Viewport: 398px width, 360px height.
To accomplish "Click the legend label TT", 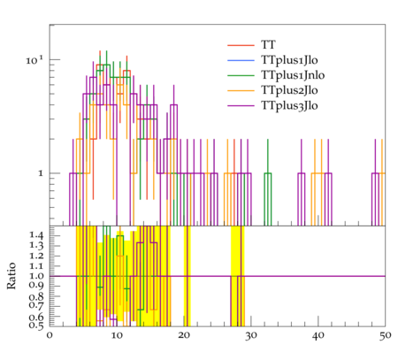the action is click(x=268, y=45).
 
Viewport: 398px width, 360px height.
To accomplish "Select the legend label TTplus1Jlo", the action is click(x=289, y=60).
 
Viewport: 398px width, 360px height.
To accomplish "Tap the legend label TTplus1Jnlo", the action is click(x=293, y=75).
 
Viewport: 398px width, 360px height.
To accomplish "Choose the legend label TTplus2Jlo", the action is click(x=289, y=90).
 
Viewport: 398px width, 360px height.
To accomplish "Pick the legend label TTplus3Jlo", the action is click(x=289, y=105).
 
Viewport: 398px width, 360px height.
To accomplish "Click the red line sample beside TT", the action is click(x=241, y=45).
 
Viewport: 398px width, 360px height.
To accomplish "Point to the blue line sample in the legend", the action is click(x=241, y=60).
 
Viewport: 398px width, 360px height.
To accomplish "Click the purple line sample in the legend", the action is click(x=241, y=105).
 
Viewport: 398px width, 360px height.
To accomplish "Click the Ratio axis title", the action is click(x=11, y=276).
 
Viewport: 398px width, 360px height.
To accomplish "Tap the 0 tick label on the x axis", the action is click(x=50, y=335).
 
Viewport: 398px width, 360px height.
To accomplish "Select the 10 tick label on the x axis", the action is click(x=117, y=335).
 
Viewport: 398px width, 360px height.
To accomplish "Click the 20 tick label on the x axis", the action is click(x=184, y=335).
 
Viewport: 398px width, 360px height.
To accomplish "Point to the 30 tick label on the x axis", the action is click(x=251, y=335).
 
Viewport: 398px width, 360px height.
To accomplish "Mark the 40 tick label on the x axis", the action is click(x=318, y=335).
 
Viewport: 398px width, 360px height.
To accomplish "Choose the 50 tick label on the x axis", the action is click(x=385, y=335).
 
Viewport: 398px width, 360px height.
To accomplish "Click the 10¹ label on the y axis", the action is click(x=34, y=60).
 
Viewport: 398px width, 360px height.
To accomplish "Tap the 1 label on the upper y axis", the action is click(x=41, y=173).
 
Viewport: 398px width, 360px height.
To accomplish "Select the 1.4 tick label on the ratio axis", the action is click(x=36, y=235).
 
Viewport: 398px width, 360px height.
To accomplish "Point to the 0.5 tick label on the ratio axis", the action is click(x=36, y=326).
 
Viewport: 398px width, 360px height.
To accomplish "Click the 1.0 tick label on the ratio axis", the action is click(x=36, y=276).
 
